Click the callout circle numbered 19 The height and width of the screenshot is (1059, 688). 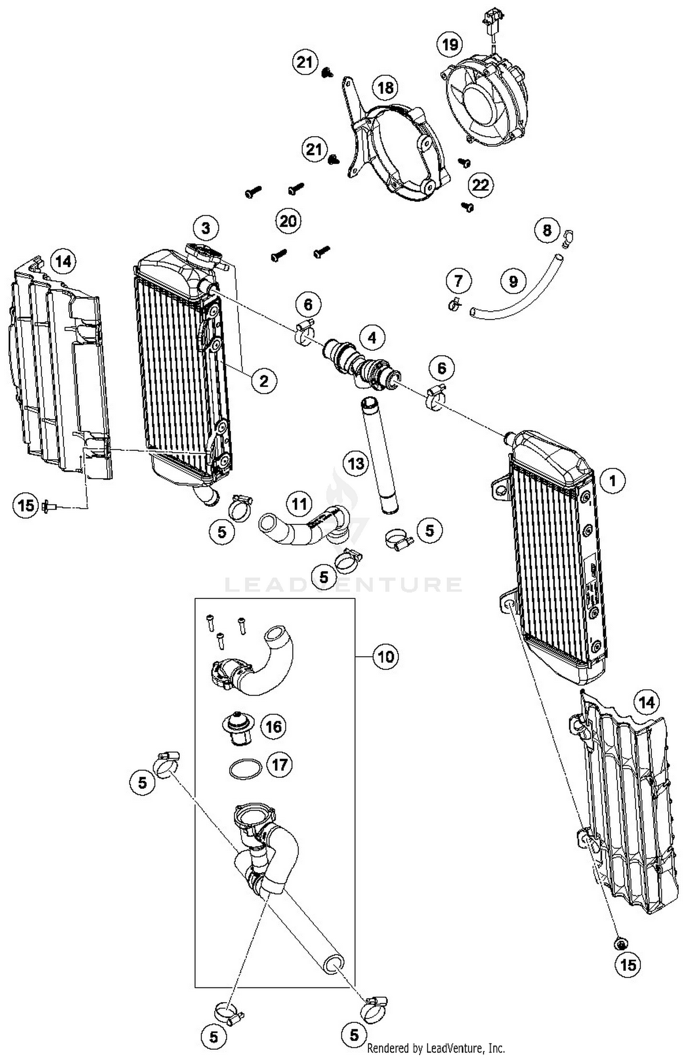point(450,44)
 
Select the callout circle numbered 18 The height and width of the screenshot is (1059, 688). point(385,87)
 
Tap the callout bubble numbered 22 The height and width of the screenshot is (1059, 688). point(480,185)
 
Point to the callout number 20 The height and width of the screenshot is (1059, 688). point(288,221)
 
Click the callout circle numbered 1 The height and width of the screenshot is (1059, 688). point(612,481)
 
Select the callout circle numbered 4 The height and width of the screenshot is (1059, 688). point(372,338)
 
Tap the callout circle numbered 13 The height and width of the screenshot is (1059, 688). point(356,464)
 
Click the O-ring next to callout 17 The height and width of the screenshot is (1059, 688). point(246,770)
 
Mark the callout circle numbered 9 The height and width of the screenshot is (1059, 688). point(513,281)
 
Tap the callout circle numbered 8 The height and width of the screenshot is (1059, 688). point(547,230)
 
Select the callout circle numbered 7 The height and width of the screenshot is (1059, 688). point(459,280)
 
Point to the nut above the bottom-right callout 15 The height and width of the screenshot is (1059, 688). point(621,943)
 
